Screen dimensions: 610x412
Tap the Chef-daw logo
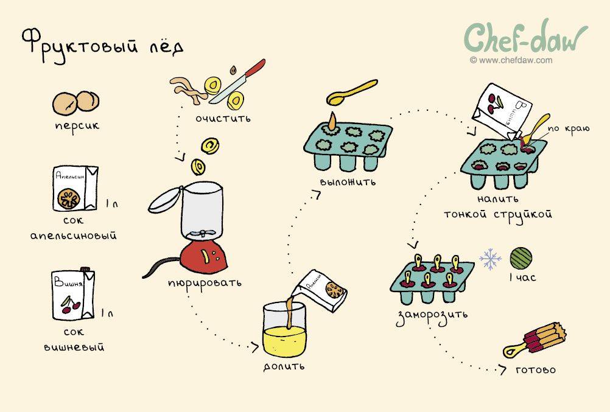point(525,38)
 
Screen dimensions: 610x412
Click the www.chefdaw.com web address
point(511,60)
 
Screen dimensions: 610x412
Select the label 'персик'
point(77,125)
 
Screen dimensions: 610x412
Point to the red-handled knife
point(237,81)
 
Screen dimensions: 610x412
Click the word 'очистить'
point(223,118)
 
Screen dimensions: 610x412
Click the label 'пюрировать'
point(205,283)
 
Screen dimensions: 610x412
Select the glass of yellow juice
point(284,330)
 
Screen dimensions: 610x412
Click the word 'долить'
point(284,366)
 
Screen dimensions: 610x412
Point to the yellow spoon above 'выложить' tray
point(352,93)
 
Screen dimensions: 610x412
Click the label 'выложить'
point(348,182)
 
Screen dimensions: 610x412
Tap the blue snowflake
point(490,259)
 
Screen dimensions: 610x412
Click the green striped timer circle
point(521,258)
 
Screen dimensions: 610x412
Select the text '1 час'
point(522,278)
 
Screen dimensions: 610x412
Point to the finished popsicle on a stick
point(535,340)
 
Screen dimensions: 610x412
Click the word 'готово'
point(536,369)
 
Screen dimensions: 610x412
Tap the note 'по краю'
point(569,129)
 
